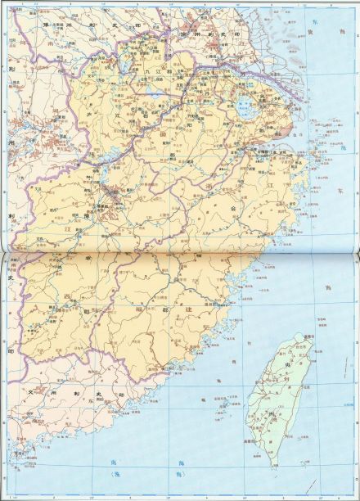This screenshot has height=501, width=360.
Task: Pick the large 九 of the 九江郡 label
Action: pos(148,71)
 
